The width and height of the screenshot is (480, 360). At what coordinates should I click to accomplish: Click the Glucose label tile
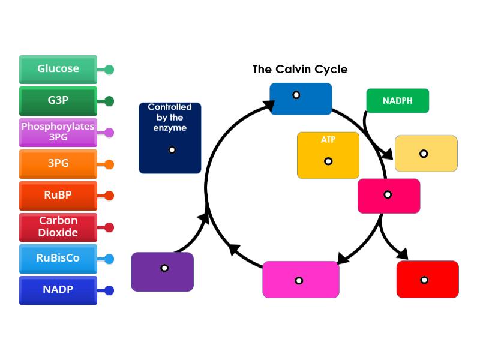[x=58, y=69]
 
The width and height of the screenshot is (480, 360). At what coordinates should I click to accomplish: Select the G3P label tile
[x=58, y=101]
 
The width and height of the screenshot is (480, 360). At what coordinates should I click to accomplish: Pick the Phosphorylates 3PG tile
[x=58, y=132]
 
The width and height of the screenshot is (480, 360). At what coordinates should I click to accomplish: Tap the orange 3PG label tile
[x=58, y=164]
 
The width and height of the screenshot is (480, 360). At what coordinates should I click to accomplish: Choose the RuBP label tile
[x=58, y=196]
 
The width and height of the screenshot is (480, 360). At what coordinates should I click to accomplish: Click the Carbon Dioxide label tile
[x=58, y=227]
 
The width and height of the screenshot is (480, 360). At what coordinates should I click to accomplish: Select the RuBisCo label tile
[x=58, y=259]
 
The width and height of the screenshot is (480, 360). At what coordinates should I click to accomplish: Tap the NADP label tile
[x=58, y=290]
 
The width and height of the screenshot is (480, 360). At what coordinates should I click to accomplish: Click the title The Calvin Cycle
[x=300, y=70]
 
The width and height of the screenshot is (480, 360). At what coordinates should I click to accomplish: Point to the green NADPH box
[x=397, y=101]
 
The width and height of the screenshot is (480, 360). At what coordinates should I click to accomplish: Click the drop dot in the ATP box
[x=328, y=161]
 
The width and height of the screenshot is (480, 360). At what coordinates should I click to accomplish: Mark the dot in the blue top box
[x=296, y=95]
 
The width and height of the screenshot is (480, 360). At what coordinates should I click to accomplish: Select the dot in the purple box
[x=164, y=268]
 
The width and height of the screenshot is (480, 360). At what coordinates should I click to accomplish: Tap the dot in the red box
[x=424, y=280]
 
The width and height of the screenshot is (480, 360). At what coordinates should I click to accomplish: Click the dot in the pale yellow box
[x=424, y=154]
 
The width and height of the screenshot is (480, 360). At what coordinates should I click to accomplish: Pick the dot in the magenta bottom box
[x=299, y=280]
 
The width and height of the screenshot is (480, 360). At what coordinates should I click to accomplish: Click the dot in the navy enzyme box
[x=172, y=149]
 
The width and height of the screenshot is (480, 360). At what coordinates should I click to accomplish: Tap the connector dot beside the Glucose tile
[x=109, y=70]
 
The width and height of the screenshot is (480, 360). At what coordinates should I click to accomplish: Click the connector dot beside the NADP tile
[x=109, y=290]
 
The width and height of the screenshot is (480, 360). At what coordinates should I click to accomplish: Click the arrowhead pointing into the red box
[x=402, y=254]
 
